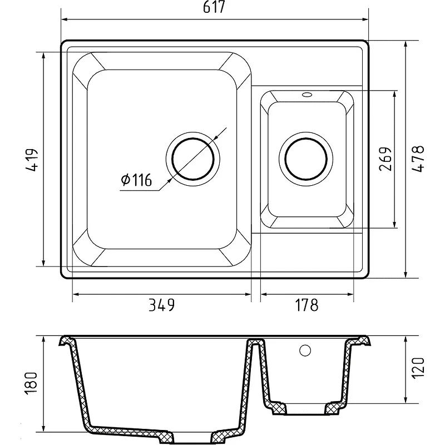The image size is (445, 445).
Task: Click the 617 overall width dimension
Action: tap(214, 7)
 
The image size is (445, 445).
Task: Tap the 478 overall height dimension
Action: tap(418, 159)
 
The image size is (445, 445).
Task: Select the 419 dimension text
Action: tap(32, 160)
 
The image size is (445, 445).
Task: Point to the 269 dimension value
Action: tap(385, 159)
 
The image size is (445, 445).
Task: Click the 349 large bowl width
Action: tap(162, 305)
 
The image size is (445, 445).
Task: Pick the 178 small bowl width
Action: tap(306, 305)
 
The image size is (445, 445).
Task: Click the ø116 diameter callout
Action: tap(136, 180)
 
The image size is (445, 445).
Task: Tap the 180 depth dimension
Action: tap(31, 383)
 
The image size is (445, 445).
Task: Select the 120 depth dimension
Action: tap(419, 367)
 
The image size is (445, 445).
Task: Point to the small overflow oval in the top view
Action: tap(307, 94)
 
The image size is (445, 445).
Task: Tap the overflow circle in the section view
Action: tap(305, 350)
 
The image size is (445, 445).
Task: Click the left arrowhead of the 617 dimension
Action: tap(64, 19)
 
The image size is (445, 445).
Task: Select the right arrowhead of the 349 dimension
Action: tap(248, 294)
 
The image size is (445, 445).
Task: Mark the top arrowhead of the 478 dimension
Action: tap(406, 44)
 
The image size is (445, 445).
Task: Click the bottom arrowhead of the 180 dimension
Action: tap(43, 428)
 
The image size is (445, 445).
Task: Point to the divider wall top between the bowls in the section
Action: tap(256, 341)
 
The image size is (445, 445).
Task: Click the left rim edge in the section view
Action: tap(65, 341)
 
